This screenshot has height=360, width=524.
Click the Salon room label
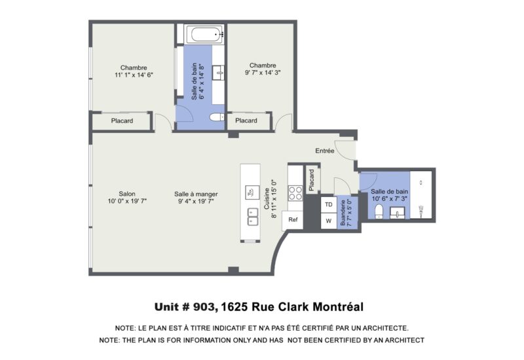tap(127, 198)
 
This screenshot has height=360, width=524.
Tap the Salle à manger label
tap(196, 198)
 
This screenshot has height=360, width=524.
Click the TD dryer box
tap(329, 204)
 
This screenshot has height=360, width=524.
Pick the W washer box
tap(329, 221)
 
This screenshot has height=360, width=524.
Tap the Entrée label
tap(325, 151)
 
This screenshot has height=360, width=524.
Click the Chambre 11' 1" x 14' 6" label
tap(133, 71)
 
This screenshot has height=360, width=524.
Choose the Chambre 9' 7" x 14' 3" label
tap(262, 69)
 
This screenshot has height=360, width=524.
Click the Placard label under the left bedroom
tap(122, 121)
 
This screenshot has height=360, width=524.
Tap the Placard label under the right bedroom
tap(246, 121)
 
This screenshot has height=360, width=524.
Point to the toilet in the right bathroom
tap(379, 210)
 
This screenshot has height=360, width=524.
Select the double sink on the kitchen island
tap(252, 217)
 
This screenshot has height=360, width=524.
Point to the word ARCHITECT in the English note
tap(401, 340)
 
